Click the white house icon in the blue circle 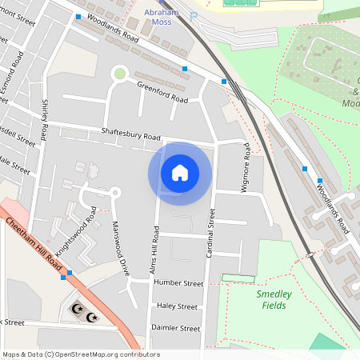click(180, 172)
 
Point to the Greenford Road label click(162, 92)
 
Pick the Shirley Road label click(44, 119)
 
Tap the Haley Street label click(177, 306)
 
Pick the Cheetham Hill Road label click(33, 245)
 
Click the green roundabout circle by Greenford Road click(120, 74)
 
